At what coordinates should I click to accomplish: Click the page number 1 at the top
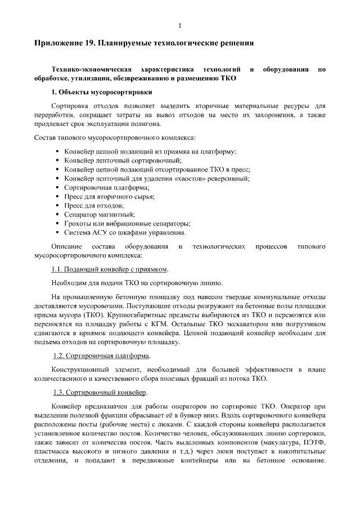[x=180, y=25]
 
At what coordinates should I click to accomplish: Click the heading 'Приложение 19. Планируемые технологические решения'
[x=145, y=43]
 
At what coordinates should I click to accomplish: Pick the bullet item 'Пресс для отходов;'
[x=94, y=205]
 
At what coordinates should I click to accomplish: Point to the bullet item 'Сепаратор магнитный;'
[x=99, y=214]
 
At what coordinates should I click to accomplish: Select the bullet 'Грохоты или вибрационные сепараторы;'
[x=127, y=223]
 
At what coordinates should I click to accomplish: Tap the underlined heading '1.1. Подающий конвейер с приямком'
[x=110, y=269]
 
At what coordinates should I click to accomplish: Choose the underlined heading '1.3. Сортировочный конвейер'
[x=100, y=392]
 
